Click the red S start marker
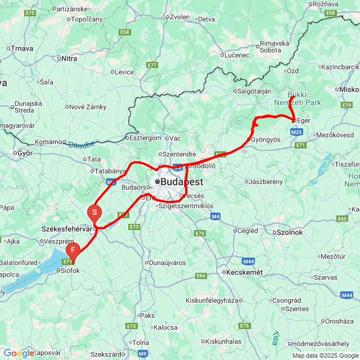(x=94, y=213)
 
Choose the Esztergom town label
(x=145, y=138)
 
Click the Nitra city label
(x=69, y=58)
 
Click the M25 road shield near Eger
(x=297, y=132)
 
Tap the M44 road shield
(x=249, y=262)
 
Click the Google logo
(x=18, y=353)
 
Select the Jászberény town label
(x=267, y=182)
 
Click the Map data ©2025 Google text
(x=324, y=355)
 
